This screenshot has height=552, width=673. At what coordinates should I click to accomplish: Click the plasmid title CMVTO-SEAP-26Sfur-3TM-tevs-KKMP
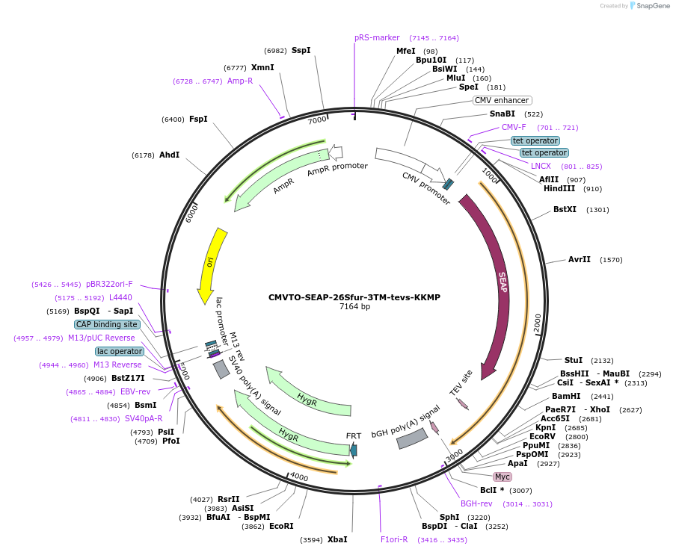click(x=354, y=297)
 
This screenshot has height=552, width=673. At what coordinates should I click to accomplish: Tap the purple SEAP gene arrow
click(x=497, y=284)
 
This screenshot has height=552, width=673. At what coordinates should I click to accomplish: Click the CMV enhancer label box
click(x=502, y=100)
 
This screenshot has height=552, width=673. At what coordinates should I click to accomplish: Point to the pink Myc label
click(x=503, y=477)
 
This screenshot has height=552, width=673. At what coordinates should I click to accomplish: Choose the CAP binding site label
click(x=107, y=324)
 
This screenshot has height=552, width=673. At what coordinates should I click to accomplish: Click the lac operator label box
click(x=120, y=351)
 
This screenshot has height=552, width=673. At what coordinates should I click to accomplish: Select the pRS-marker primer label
click(x=377, y=37)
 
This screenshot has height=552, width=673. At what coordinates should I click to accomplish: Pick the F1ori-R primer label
click(x=394, y=539)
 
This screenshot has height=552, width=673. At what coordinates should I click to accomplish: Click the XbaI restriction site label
click(x=337, y=539)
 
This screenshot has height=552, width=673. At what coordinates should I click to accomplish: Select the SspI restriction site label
click(x=301, y=50)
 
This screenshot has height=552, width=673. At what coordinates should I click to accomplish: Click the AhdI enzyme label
click(x=170, y=155)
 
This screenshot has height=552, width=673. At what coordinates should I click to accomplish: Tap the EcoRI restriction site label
click(x=281, y=526)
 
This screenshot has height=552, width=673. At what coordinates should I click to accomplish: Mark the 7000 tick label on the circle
click(x=318, y=120)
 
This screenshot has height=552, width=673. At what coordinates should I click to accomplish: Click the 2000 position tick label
click(x=537, y=323)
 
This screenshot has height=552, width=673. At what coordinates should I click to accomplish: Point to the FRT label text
click(x=353, y=435)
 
